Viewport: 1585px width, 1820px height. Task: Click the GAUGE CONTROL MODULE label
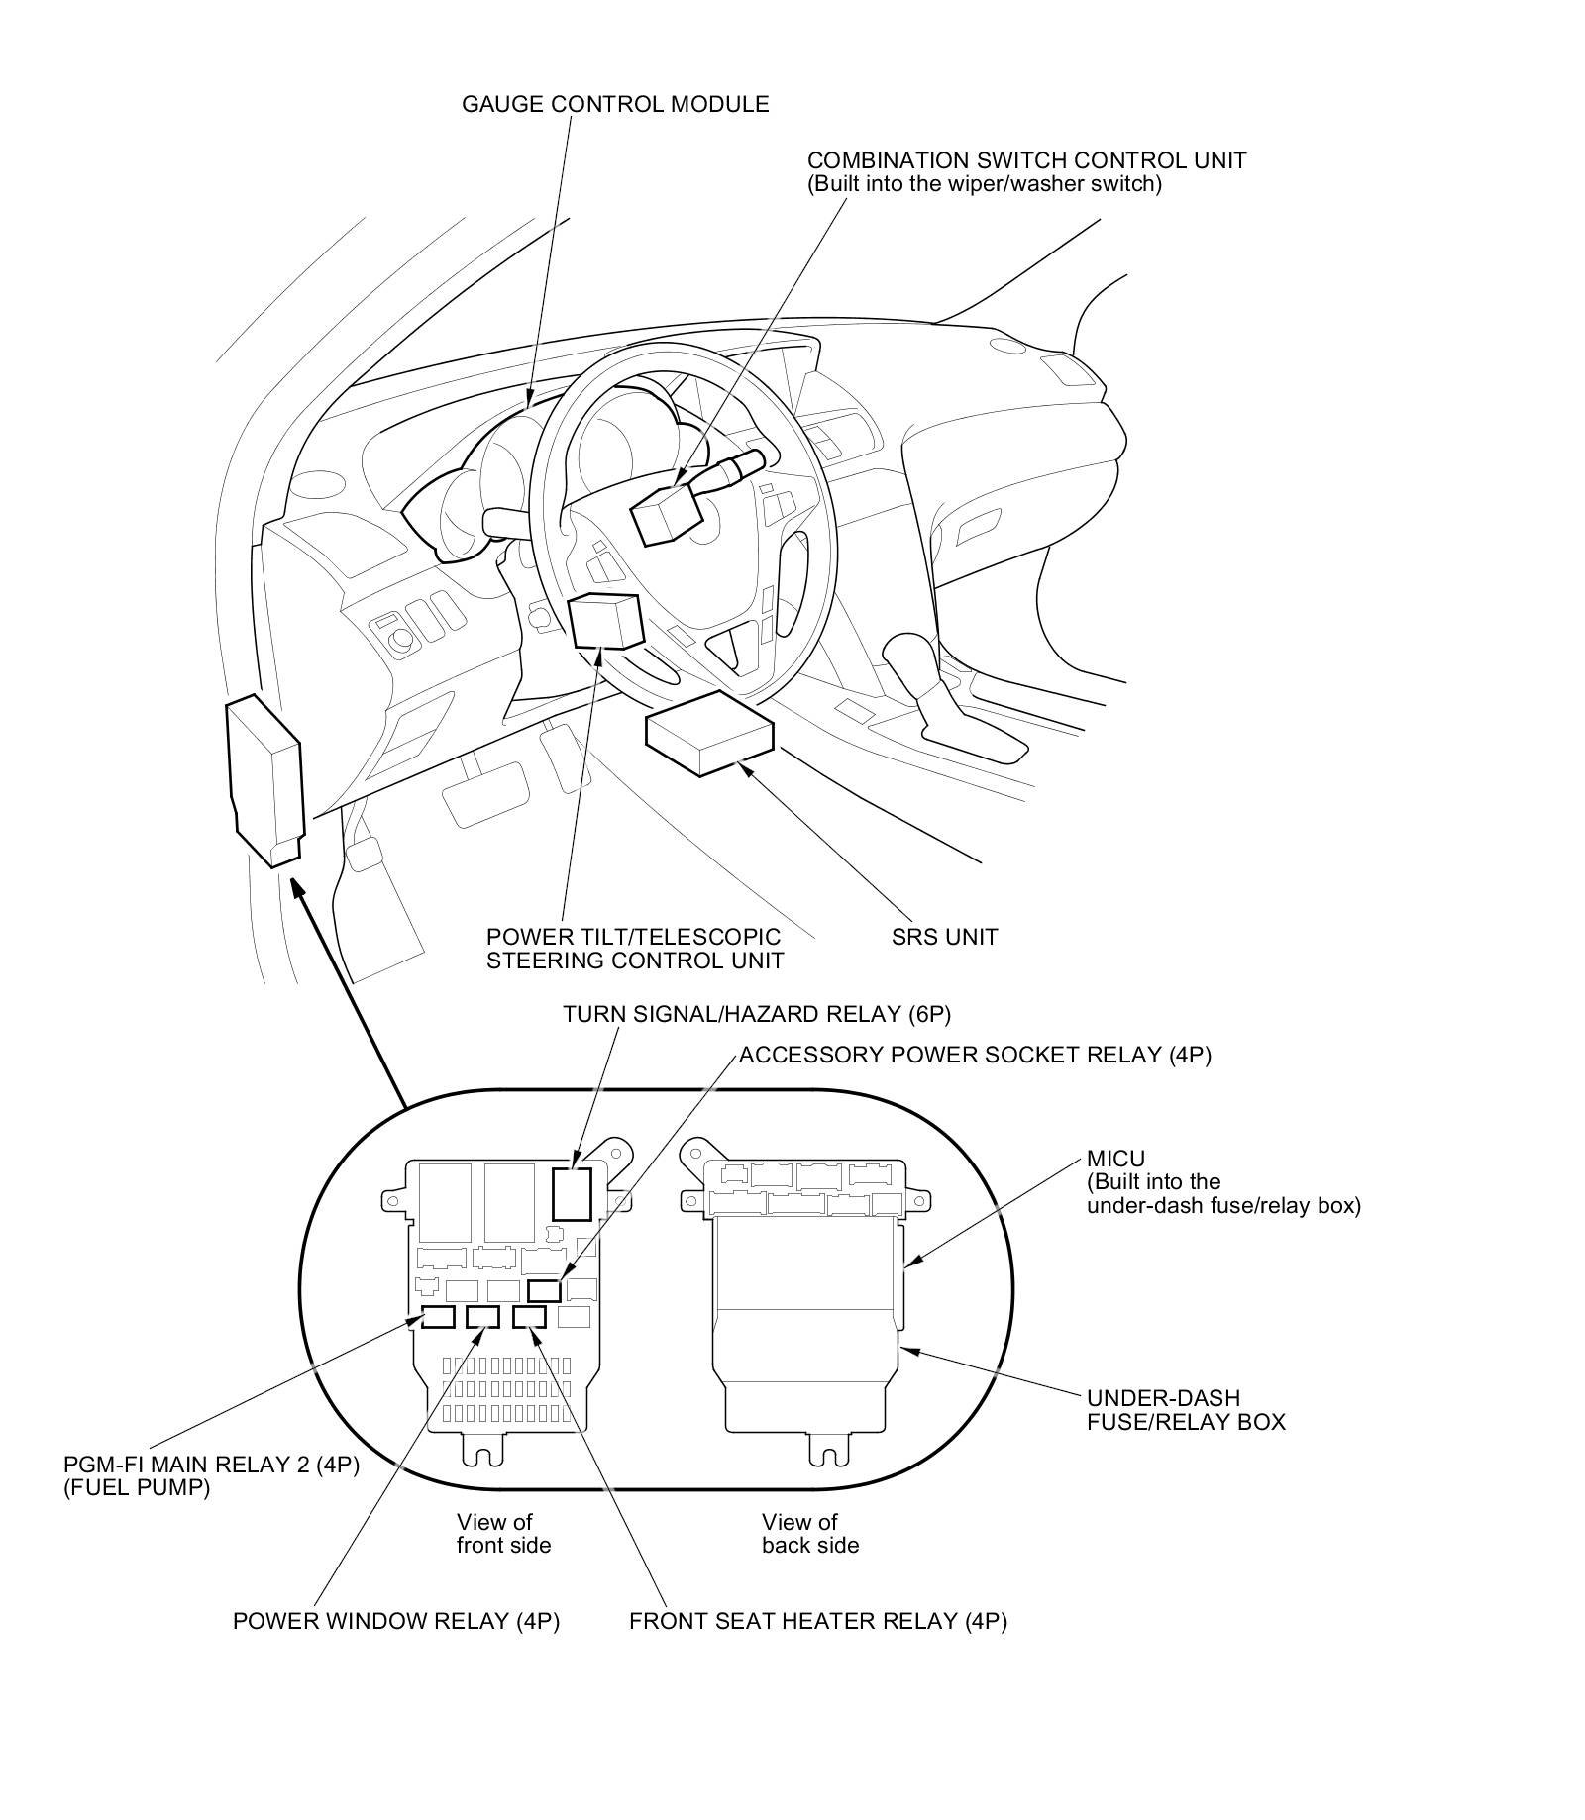[615, 104]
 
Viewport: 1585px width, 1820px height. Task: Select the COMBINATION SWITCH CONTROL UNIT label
[1026, 160]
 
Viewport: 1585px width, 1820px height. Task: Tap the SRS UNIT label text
[944, 936]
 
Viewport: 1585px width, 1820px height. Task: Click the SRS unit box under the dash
[709, 734]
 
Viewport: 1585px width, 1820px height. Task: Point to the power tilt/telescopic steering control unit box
[605, 620]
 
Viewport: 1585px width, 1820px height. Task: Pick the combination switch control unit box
[669, 514]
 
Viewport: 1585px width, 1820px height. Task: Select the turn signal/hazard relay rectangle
[572, 1193]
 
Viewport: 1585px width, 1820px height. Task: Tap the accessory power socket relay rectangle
[544, 1290]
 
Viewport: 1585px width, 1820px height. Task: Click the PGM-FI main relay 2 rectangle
[438, 1316]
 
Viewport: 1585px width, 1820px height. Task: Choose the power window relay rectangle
[484, 1316]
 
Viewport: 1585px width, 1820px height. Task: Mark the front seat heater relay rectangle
[530, 1316]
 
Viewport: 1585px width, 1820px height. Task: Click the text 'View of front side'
[503, 1533]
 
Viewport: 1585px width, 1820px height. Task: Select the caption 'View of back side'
[809, 1533]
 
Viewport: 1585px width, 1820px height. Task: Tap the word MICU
[1115, 1159]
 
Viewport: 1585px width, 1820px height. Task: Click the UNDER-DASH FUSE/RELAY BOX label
[1186, 1410]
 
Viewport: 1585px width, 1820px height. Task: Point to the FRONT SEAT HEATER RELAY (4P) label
[817, 1621]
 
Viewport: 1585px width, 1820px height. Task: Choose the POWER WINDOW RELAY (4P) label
[396, 1621]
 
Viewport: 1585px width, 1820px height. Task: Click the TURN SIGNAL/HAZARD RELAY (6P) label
[757, 1014]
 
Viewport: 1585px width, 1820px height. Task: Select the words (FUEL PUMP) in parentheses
[137, 1487]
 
